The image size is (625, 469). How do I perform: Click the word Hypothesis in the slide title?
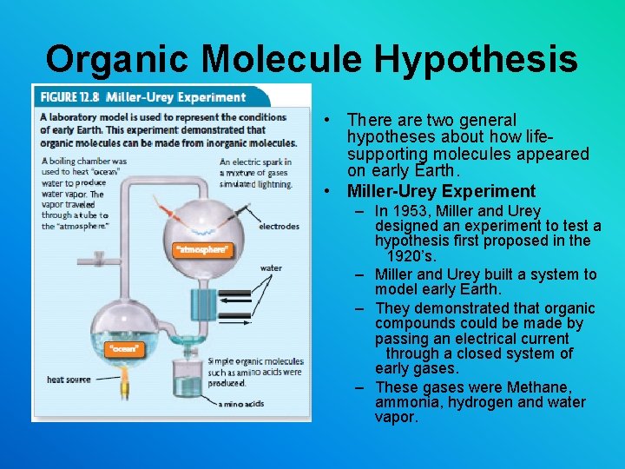point(476,59)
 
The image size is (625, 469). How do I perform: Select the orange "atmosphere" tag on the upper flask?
point(202,250)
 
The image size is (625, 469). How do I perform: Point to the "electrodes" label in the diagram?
point(279,227)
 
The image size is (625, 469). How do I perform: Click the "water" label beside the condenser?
point(271,268)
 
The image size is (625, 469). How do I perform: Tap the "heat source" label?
point(69,380)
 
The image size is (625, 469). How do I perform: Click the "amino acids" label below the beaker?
point(242,404)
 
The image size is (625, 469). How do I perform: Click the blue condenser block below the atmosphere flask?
point(205,305)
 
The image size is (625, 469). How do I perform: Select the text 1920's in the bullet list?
point(412,256)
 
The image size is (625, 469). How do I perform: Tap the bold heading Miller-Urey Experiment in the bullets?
point(441,191)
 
